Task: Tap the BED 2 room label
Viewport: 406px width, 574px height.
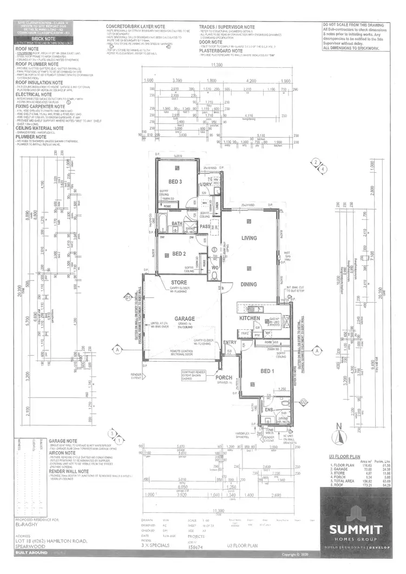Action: [179, 253]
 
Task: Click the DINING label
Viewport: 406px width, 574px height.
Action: [248, 284]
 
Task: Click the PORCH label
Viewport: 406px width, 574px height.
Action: [224, 378]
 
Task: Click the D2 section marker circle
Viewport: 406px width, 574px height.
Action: [304, 402]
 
